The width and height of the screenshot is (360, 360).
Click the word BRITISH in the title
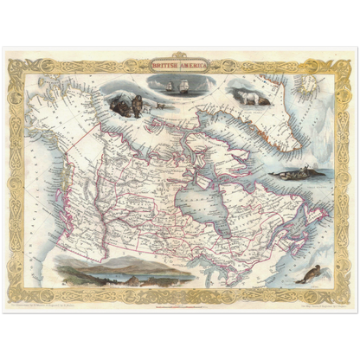point(164,64)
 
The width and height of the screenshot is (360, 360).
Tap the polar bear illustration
point(252,98)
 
